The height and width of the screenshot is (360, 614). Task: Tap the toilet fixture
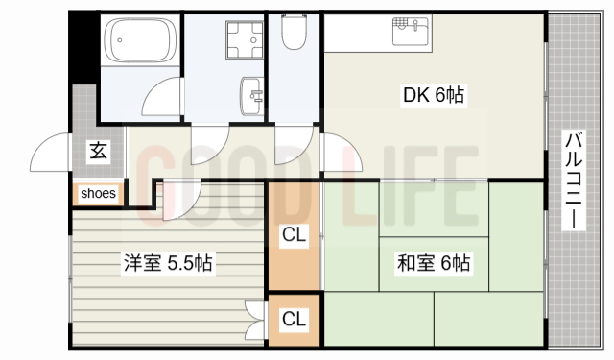pyautogui.click(x=294, y=35)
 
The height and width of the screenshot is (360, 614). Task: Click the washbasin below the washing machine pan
pyautogui.click(x=251, y=95)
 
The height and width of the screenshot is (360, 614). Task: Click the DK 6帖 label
pyautogui.click(x=433, y=95)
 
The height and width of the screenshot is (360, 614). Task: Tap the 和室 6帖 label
pyautogui.click(x=434, y=261)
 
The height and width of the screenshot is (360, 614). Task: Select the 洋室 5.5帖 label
pyautogui.click(x=167, y=261)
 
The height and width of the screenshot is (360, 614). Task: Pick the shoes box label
pyautogui.click(x=98, y=193)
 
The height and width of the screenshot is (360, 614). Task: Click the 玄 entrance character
pyautogui.click(x=98, y=150)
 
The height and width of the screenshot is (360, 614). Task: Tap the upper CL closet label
pyautogui.click(x=294, y=233)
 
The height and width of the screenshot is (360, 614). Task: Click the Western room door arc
pyautogui.click(x=179, y=199)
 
